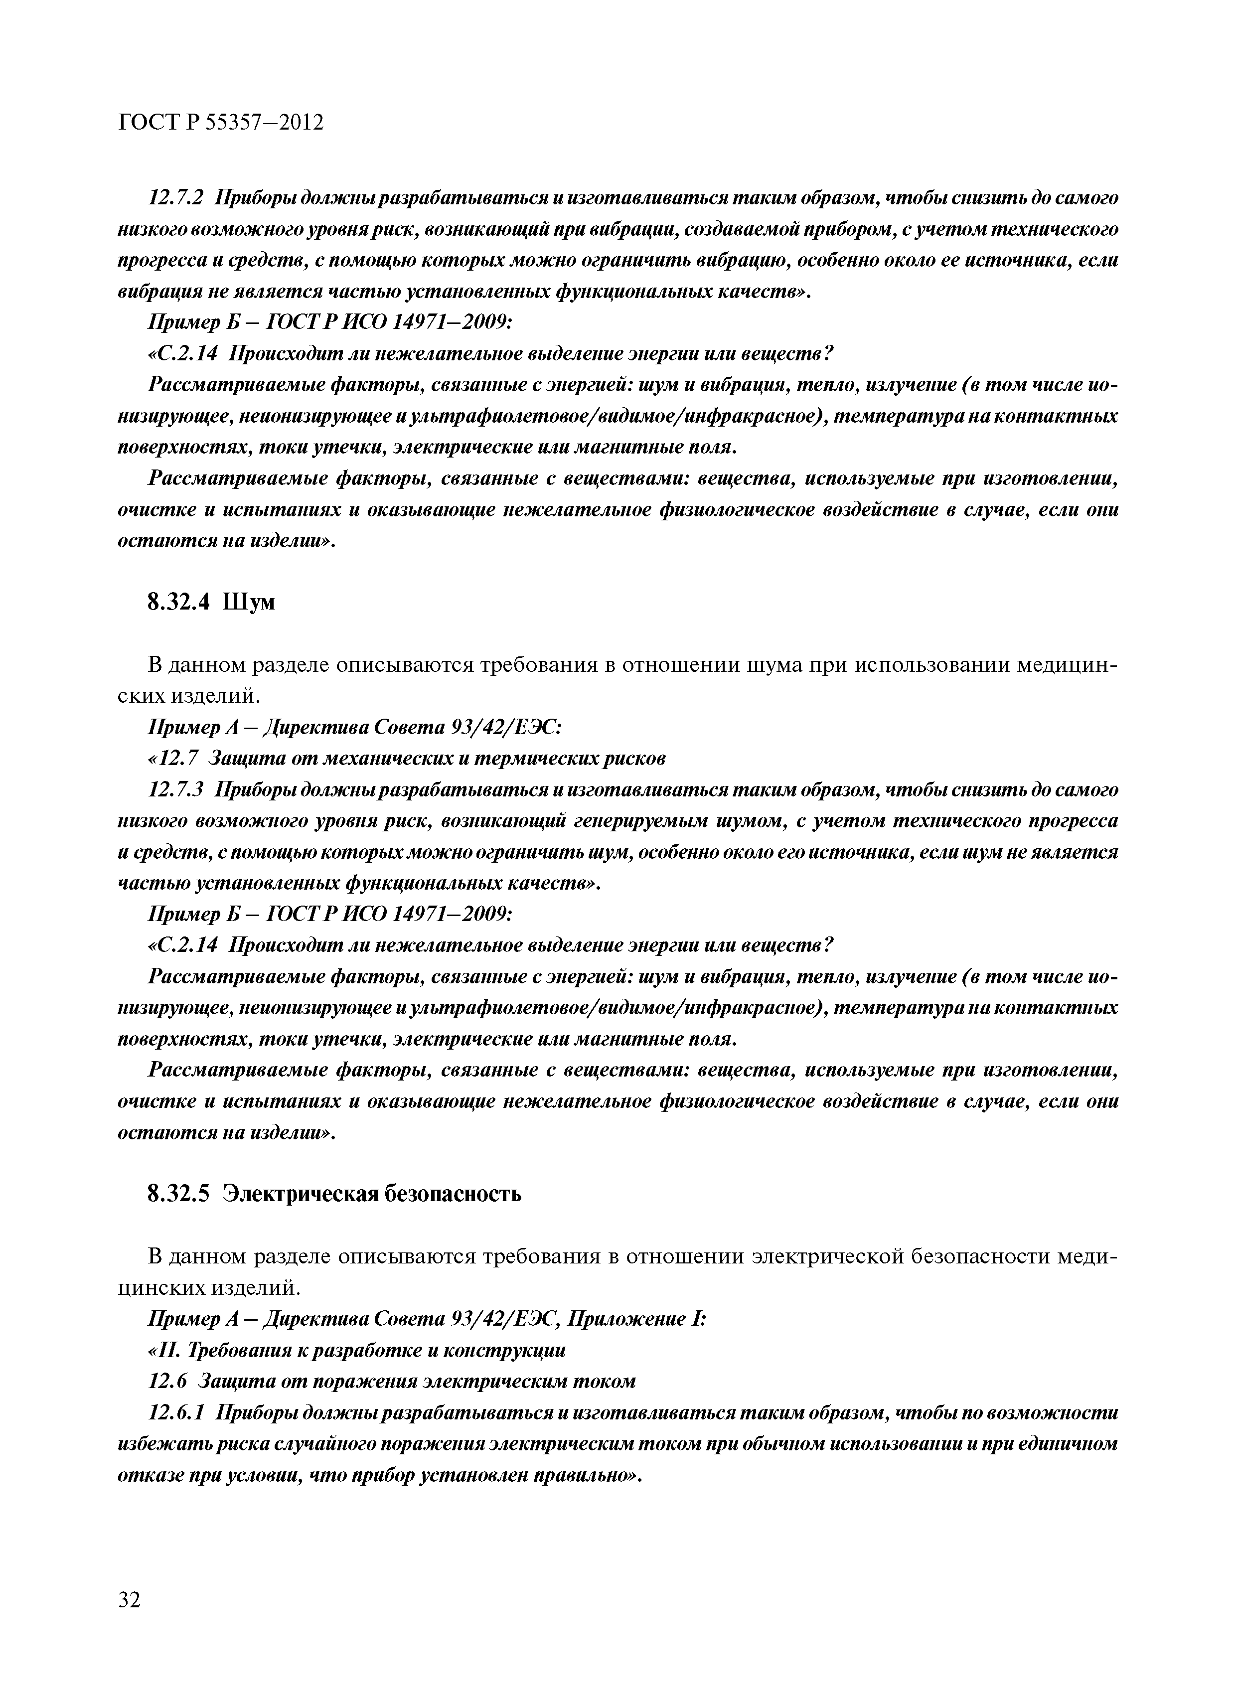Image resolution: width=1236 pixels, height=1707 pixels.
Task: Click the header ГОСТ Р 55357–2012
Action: [221, 122]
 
